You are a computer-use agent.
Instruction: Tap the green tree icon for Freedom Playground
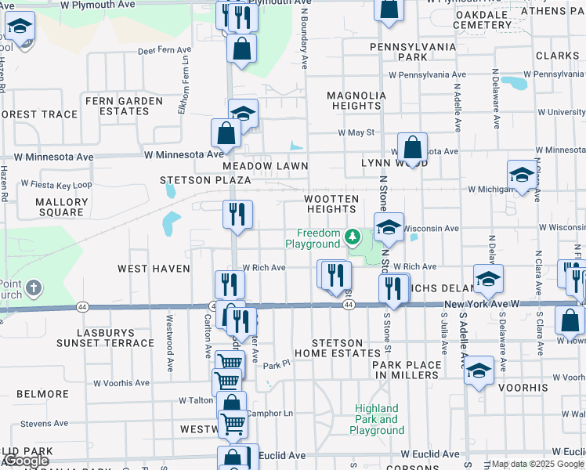click(x=353, y=235)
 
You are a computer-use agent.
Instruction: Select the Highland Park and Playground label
click(x=377, y=419)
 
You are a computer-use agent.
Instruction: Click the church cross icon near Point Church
click(x=33, y=288)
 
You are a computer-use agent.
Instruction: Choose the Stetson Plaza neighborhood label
click(x=205, y=180)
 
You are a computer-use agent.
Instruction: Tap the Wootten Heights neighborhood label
click(x=331, y=204)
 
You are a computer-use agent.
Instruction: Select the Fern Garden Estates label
click(x=124, y=106)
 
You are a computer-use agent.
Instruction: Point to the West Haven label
click(x=154, y=269)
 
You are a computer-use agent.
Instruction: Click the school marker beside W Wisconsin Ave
click(x=388, y=227)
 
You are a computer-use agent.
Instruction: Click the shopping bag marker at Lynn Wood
click(x=411, y=146)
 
